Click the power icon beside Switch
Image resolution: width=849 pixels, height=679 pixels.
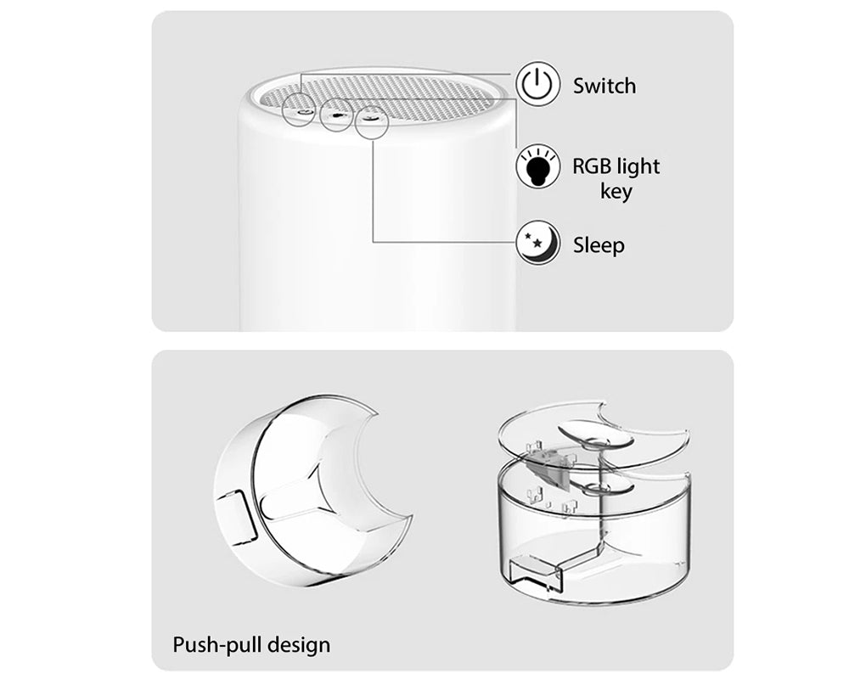click(539, 85)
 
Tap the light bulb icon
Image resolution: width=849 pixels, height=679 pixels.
click(539, 166)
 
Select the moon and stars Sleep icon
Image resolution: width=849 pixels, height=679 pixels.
click(539, 244)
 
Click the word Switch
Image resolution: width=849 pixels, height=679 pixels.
click(604, 86)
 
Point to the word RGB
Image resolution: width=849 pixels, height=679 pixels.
click(592, 166)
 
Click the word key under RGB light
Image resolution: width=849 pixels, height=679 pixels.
click(616, 191)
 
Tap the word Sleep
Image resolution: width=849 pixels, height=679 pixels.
click(599, 245)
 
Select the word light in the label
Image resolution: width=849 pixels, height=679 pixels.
click(639, 166)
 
